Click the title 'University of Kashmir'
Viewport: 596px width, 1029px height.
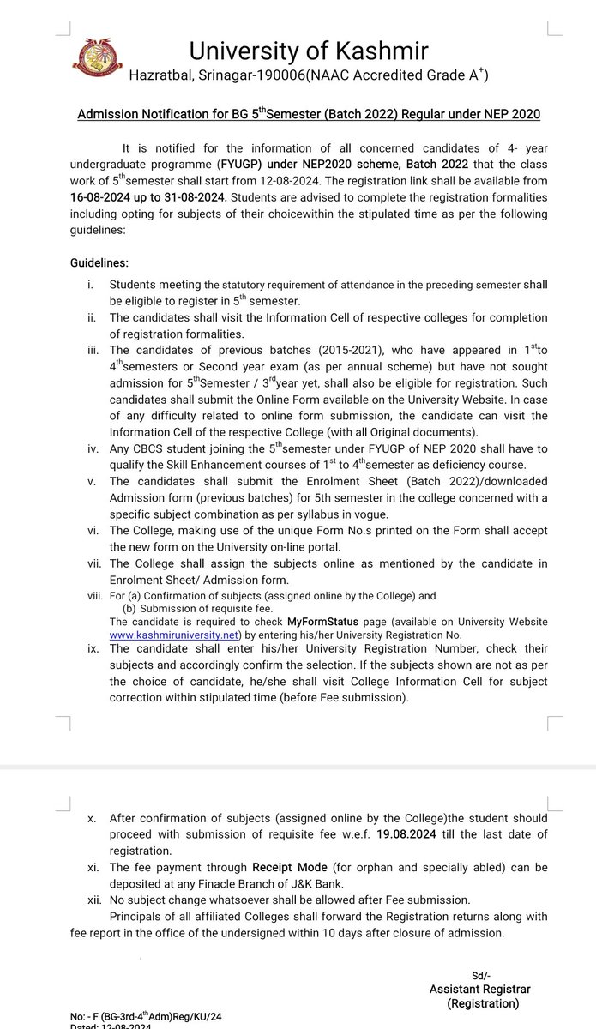[309, 51]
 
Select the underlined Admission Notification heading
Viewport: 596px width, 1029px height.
[309, 114]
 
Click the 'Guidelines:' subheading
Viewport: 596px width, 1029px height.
[99, 262]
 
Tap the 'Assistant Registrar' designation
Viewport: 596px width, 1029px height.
[480, 990]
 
